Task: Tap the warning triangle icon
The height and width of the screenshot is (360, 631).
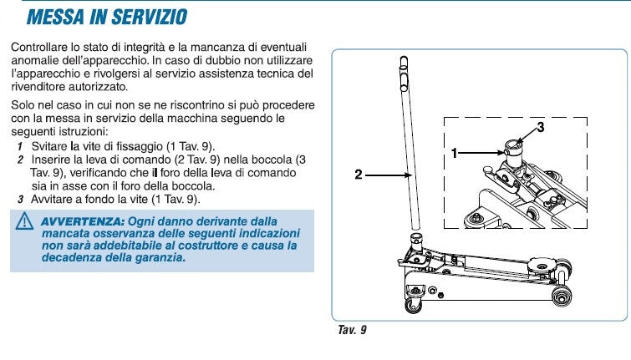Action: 23,221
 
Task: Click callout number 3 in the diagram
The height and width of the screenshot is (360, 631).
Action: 540,127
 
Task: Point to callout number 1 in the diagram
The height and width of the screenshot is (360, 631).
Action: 455,153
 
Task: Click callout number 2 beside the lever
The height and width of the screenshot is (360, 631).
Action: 358,175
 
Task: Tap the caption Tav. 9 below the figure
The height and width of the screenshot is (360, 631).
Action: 351,329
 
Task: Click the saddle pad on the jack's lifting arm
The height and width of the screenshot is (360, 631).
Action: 544,266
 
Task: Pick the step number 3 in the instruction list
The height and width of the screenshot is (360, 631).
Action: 20,200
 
